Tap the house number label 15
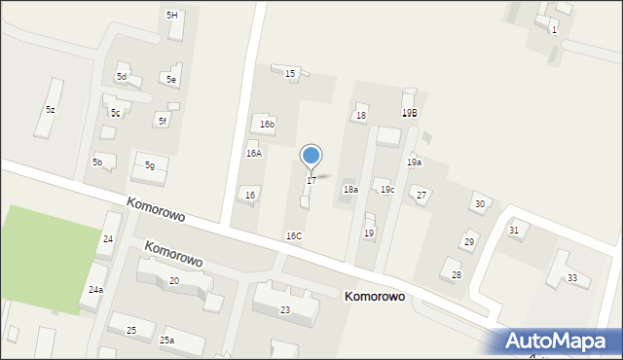pyautogui.click(x=289, y=74)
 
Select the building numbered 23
pyautogui.click(x=285, y=309)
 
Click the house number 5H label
pyautogui.click(x=172, y=15)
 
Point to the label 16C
pyautogui.click(x=293, y=236)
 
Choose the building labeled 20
pyautogui.click(x=173, y=281)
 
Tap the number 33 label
pyautogui.click(x=572, y=278)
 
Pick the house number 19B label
pyautogui.click(x=410, y=113)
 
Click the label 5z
pyautogui.click(x=50, y=110)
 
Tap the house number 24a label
pyautogui.click(x=95, y=290)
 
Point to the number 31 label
pyautogui.click(x=513, y=230)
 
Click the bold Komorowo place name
pyautogui.click(x=375, y=297)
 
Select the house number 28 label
pyautogui.click(x=456, y=275)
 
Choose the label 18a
pyautogui.click(x=350, y=190)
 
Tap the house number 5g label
pyautogui.click(x=150, y=165)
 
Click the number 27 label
pyautogui.click(x=421, y=196)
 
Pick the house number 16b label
pyautogui.click(x=267, y=125)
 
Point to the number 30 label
pyautogui.click(x=479, y=203)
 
